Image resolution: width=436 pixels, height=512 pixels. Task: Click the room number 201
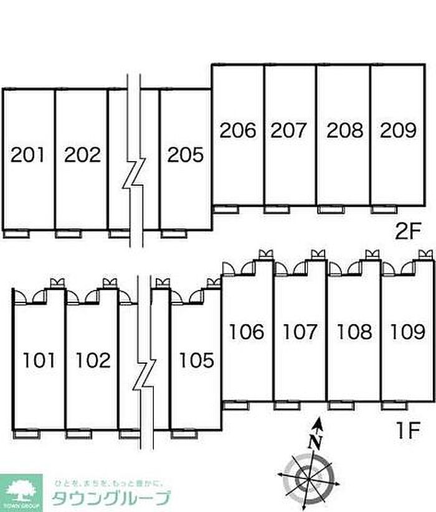(x=29, y=154)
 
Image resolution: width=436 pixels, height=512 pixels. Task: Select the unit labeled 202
(x=82, y=154)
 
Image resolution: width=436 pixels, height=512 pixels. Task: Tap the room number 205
(x=185, y=154)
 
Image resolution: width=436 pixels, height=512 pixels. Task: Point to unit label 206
(x=238, y=130)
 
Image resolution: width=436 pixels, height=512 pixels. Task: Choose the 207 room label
(x=290, y=130)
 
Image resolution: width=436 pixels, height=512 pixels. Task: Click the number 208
(x=344, y=130)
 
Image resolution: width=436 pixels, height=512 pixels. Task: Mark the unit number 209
(x=398, y=130)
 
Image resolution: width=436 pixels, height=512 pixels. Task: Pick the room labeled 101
(x=39, y=360)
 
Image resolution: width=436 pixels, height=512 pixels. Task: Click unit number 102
(x=93, y=360)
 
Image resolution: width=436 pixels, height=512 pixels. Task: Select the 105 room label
(x=196, y=360)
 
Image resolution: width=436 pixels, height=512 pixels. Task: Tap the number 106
(x=247, y=332)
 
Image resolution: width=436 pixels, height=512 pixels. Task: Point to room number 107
(x=300, y=332)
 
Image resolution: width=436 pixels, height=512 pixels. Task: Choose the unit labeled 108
(x=354, y=332)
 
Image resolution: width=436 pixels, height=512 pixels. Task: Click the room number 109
(x=407, y=332)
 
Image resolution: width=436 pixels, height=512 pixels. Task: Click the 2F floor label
(x=409, y=231)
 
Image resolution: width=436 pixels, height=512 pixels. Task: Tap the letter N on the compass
(x=316, y=442)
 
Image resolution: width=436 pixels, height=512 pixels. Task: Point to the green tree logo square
(x=22, y=492)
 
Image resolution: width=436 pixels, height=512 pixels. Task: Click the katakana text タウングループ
(x=111, y=498)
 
